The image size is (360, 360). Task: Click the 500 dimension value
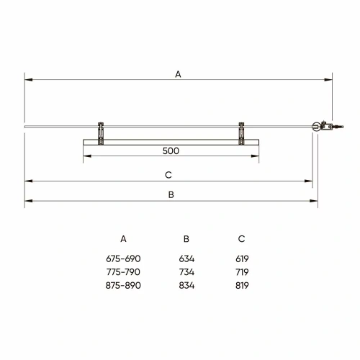(x=171, y=151)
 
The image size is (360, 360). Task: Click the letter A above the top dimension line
(x=178, y=74)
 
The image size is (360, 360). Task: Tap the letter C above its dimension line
(x=168, y=175)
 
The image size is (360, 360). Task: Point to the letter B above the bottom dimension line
(x=171, y=194)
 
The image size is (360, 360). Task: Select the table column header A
(x=123, y=239)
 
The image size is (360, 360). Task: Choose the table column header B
(x=186, y=239)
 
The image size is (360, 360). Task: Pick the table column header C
(x=241, y=239)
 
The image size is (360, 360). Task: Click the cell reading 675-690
(x=123, y=258)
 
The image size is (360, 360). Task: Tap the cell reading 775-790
(x=123, y=272)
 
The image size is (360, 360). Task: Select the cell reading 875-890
(x=123, y=285)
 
